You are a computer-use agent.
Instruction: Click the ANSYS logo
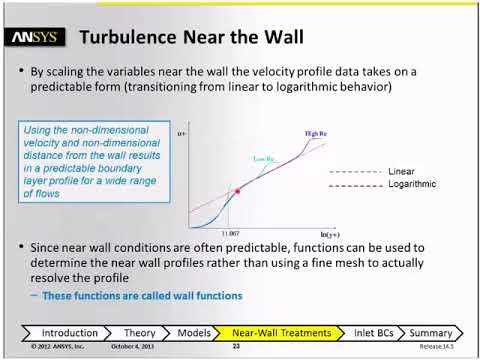tap(37, 38)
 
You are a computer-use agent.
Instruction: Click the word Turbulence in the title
tap(127, 38)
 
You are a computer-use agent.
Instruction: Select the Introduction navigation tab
tap(70, 333)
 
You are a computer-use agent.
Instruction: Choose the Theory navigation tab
tap(139, 333)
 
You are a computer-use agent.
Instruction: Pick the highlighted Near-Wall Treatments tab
tap(281, 333)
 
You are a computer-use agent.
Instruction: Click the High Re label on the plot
tap(318, 133)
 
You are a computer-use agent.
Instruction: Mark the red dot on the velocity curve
tap(237, 190)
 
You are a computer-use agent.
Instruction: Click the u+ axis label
tap(182, 134)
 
